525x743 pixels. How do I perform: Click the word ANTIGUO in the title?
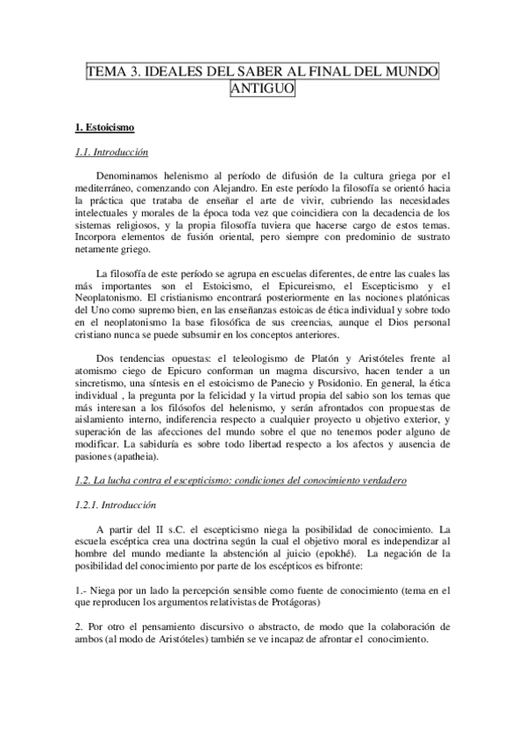[262, 88]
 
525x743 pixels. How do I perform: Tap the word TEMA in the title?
[105, 72]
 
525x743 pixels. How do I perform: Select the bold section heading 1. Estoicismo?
[104, 128]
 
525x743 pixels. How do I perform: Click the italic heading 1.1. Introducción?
[112, 152]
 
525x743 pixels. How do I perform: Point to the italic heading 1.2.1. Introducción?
[118, 505]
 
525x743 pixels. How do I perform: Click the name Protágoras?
[293, 603]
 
